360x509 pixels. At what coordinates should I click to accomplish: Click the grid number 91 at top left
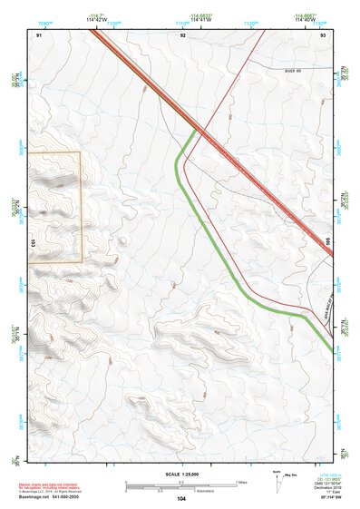click(x=39, y=34)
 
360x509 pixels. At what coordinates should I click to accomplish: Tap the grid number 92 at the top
click(x=183, y=34)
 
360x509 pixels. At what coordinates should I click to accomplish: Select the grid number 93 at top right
click(x=324, y=34)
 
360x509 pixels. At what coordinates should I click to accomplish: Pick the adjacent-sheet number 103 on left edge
click(x=32, y=243)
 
